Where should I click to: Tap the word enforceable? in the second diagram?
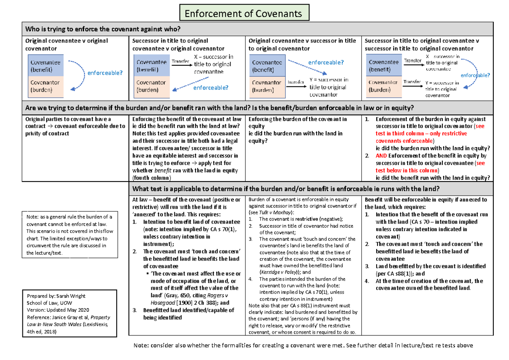click(211, 88)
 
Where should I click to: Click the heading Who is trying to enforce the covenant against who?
click(103, 29)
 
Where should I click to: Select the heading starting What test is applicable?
click(286, 189)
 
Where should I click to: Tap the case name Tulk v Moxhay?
click(279, 212)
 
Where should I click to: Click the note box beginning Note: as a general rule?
click(70, 234)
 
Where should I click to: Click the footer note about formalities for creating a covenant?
click(303, 345)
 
